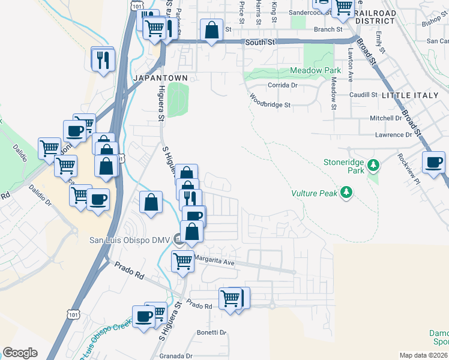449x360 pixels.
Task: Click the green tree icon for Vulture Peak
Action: pos(346,192)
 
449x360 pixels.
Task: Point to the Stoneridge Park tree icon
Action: pos(373,164)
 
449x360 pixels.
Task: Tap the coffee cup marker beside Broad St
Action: pos(434,162)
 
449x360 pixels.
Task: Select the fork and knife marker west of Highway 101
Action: pos(103,59)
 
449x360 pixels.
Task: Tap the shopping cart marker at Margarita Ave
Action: pos(182,261)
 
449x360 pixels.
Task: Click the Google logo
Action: pos(20,353)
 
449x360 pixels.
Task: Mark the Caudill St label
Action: pos(362,95)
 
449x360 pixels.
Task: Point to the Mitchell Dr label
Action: pos(385,118)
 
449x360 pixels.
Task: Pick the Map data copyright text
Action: pos(423,355)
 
